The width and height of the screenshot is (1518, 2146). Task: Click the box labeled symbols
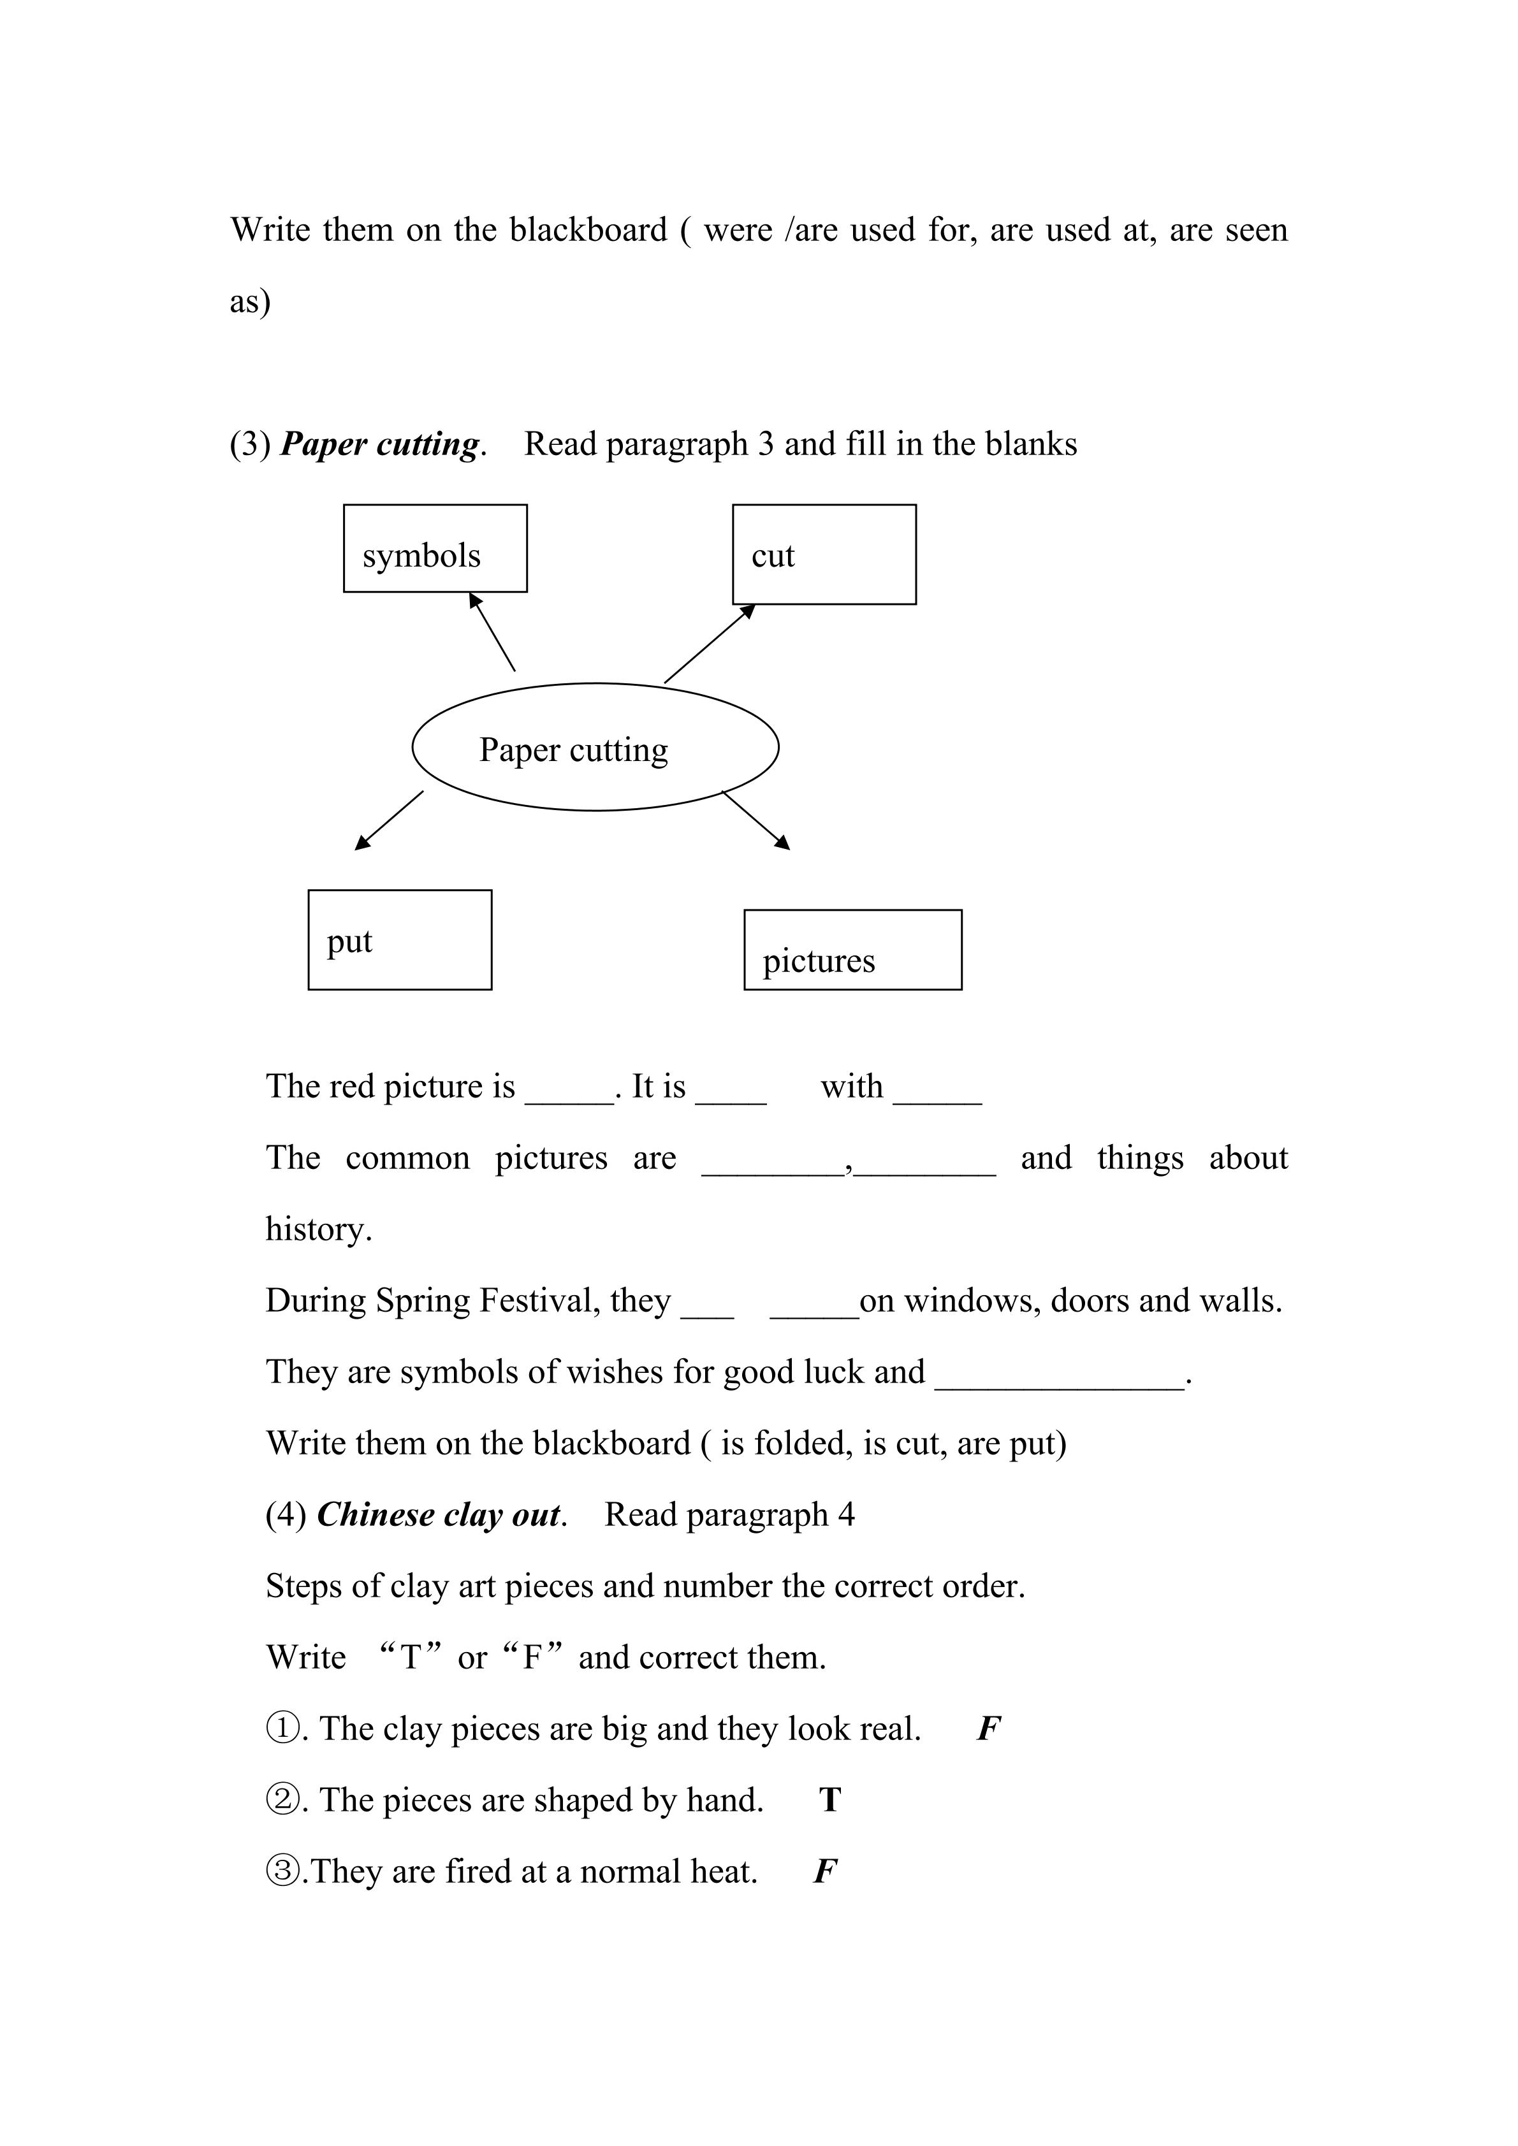[435, 549]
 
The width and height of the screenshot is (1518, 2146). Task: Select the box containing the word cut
[824, 555]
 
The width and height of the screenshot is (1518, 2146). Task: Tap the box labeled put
[399, 939]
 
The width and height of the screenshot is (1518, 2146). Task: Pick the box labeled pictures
[852, 950]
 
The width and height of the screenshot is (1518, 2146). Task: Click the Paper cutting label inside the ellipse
[574, 750]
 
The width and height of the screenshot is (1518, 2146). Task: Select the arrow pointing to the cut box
[710, 644]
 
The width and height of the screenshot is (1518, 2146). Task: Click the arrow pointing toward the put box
[389, 821]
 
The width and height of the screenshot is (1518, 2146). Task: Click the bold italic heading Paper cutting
[381, 444]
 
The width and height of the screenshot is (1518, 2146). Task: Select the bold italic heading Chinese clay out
[439, 1515]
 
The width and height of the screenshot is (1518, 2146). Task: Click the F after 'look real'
[988, 1729]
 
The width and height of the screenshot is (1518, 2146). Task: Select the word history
[317, 1229]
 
